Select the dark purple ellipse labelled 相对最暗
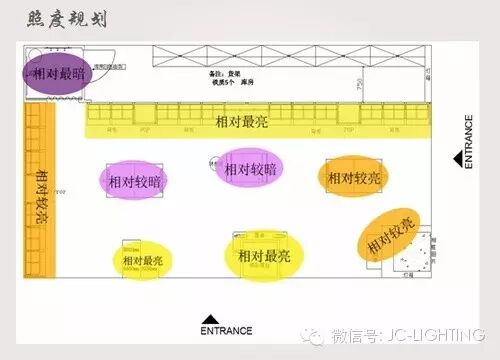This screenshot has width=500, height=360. coord(58,74)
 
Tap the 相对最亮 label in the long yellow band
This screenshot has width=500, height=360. coord(243,121)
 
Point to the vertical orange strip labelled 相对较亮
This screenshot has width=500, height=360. coord(40,199)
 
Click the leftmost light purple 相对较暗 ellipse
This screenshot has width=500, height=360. coord(132,181)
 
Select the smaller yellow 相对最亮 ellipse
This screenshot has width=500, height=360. coord(142,260)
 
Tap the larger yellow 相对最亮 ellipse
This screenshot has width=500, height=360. coord(264,255)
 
